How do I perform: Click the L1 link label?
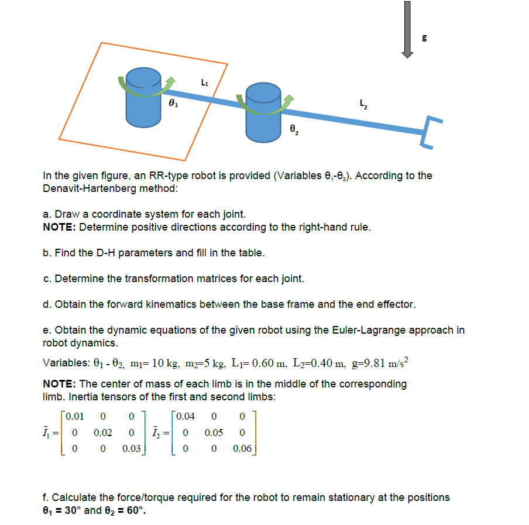tap(203, 83)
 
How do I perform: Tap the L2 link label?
tap(363, 105)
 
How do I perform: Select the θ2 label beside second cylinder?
tap(295, 130)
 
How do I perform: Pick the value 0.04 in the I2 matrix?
tap(186, 417)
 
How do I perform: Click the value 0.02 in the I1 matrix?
tap(103, 433)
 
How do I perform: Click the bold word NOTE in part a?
tap(59, 227)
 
